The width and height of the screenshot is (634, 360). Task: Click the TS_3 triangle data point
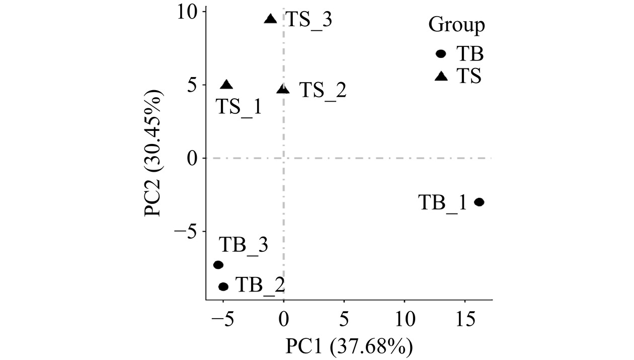click(271, 19)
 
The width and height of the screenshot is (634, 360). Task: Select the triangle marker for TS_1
click(227, 85)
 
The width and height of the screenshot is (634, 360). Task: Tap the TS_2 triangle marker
click(283, 89)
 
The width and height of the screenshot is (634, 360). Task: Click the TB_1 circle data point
click(479, 202)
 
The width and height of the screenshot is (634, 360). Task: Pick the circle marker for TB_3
click(218, 265)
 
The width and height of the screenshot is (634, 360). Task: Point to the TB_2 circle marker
click(223, 286)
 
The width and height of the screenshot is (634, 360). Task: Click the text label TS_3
click(309, 21)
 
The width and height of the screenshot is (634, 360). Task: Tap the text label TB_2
click(260, 285)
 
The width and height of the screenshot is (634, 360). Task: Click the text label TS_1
click(239, 107)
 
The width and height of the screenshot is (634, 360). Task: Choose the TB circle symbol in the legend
click(441, 54)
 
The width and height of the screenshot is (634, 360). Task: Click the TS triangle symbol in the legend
click(441, 77)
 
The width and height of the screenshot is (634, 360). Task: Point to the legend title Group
click(456, 25)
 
